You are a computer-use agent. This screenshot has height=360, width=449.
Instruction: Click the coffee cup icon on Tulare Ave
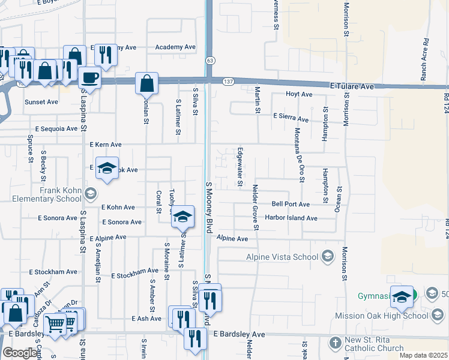click(x=89, y=77)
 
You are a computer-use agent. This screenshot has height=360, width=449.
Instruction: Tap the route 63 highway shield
click(x=209, y=61)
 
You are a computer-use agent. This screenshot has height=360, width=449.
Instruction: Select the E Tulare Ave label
click(x=352, y=86)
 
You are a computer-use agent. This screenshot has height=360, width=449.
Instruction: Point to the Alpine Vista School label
click(x=282, y=257)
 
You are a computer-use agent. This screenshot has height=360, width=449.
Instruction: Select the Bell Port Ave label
click(x=291, y=204)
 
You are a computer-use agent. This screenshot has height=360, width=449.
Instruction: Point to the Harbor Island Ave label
click(x=291, y=218)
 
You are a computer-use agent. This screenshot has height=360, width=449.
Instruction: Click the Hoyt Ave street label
click(x=299, y=94)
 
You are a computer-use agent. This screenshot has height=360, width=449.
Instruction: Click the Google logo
click(x=20, y=353)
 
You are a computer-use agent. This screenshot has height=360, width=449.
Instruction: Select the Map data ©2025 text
click(x=423, y=355)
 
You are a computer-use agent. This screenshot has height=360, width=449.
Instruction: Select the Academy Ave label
click(x=175, y=47)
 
